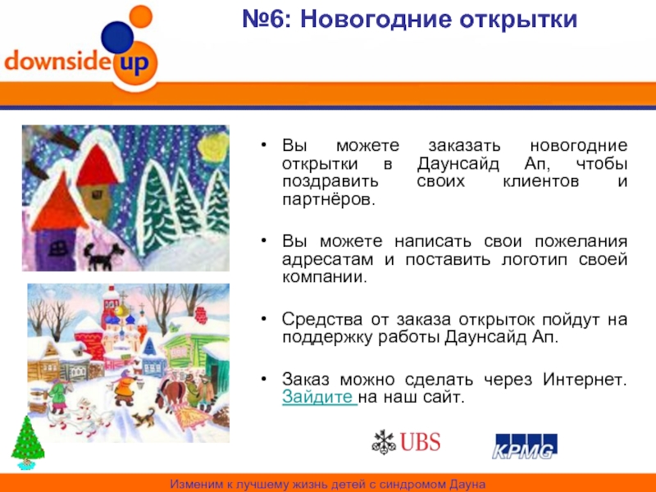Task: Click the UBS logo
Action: [x=406, y=442]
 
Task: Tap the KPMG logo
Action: [x=525, y=446]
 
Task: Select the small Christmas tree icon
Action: [x=28, y=442]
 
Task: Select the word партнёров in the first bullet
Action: [x=329, y=199]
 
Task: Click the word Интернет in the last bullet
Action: [x=585, y=379]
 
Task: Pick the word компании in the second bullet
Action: [x=324, y=277]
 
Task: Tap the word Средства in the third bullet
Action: [x=321, y=319]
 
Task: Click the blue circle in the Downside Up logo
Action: [x=117, y=38]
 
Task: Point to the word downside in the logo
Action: [x=58, y=59]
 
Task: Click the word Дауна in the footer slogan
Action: [x=467, y=485]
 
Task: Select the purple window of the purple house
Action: [x=57, y=249]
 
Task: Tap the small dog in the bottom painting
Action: [x=143, y=417]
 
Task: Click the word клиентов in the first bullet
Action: [x=541, y=181]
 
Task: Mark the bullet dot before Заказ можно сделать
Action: [x=263, y=379]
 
